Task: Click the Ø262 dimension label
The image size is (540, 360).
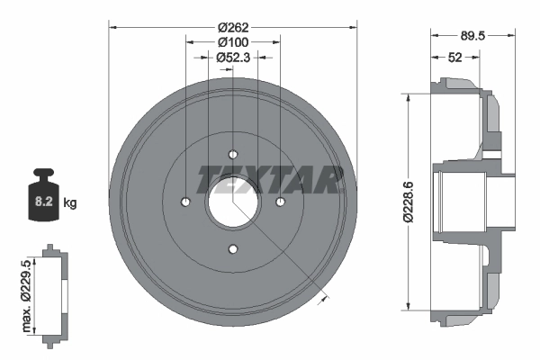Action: (x=233, y=27)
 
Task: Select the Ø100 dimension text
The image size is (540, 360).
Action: (x=233, y=42)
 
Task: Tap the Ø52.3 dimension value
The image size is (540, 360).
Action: (x=233, y=58)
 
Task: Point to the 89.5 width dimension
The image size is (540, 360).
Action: (x=472, y=35)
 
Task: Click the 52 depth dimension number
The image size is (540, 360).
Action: (x=454, y=58)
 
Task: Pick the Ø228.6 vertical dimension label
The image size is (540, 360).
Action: (x=408, y=202)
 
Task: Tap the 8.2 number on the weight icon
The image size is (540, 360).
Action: (x=44, y=202)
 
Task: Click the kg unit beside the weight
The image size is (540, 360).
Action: (x=70, y=202)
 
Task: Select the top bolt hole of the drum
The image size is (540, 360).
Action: (x=233, y=154)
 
